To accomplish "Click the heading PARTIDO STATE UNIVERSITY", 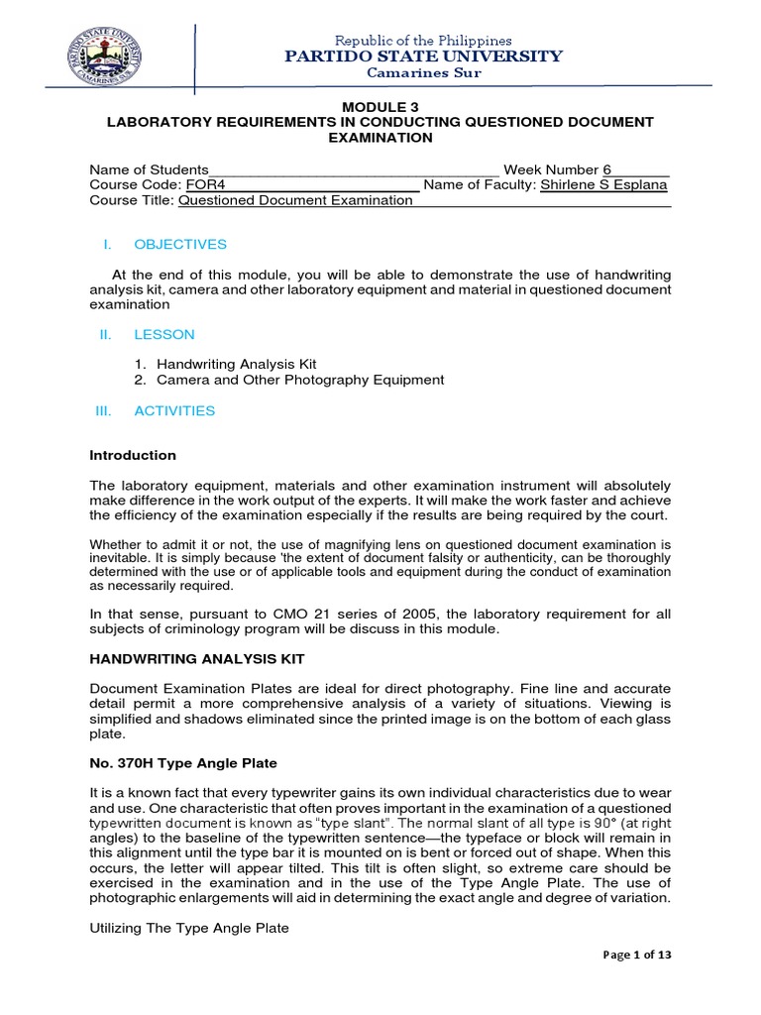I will pos(423,56).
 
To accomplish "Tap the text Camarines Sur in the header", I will pos(423,74).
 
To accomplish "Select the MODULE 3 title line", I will pos(380,105).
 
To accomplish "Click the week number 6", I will pos(607,169).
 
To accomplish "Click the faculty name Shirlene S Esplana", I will pos(603,184).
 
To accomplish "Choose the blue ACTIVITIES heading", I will pos(174,410).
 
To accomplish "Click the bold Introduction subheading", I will pos(133,456).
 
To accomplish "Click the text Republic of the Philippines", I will pos(423,41).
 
